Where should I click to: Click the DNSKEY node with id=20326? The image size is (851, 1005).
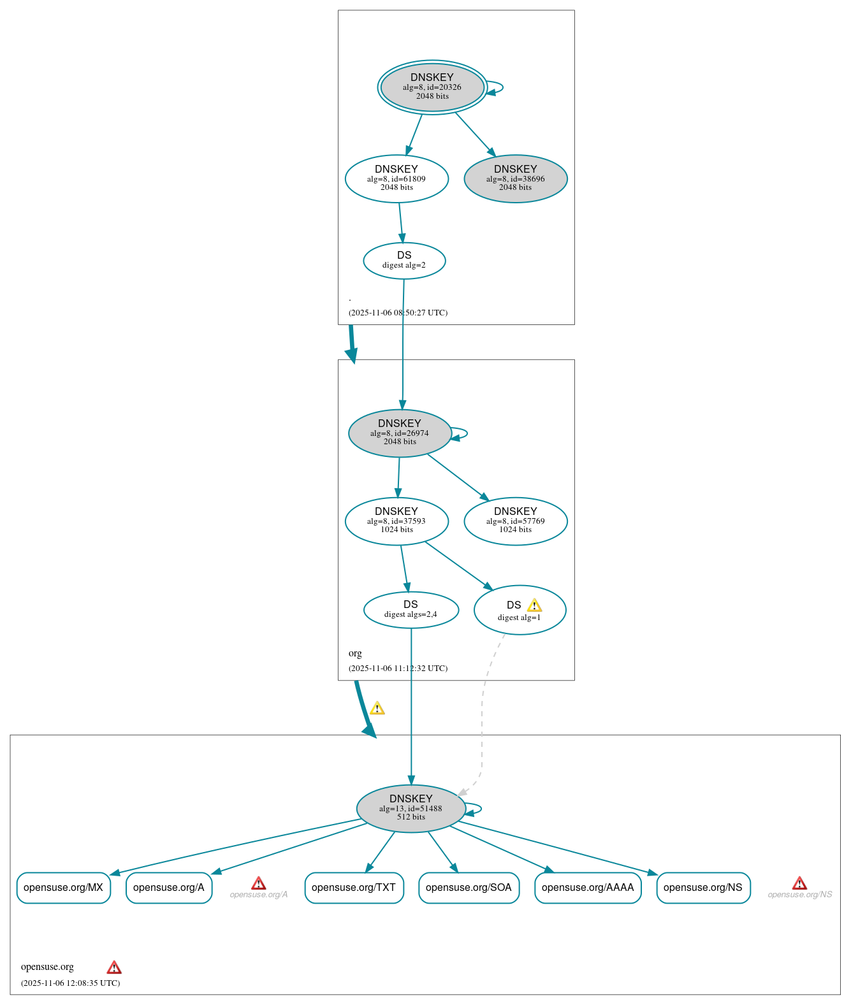pyautogui.click(x=432, y=87)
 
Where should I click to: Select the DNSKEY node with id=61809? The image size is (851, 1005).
pyautogui.click(x=396, y=178)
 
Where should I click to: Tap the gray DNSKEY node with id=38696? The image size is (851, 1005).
pyautogui.click(x=515, y=178)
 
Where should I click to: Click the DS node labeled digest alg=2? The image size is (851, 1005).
pyautogui.click(x=404, y=260)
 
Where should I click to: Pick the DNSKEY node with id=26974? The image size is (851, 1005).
pyautogui.click(x=400, y=433)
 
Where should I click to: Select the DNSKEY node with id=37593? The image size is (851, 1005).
pyautogui.click(x=396, y=521)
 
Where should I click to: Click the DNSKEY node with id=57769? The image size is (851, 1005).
pyautogui.click(x=515, y=521)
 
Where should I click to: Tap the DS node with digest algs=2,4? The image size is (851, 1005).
pyautogui.click(x=411, y=609)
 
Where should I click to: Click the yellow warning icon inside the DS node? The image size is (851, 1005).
pyautogui.click(x=534, y=605)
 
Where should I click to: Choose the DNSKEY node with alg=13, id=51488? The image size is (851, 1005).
pyautogui.click(x=411, y=808)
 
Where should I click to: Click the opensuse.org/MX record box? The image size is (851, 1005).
pyautogui.click(x=63, y=887)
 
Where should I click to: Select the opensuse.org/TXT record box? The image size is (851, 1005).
pyautogui.click(x=354, y=887)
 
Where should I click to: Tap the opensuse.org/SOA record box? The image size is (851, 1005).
pyautogui.click(x=469, y=887)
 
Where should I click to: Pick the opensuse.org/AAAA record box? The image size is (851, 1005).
pyautogui.click(x=587, y=887)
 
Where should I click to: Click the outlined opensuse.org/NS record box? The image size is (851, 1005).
pyautogui.click(x=702, y=887)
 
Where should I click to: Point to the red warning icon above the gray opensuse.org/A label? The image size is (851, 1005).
pyautogui.click(x=258, y=883)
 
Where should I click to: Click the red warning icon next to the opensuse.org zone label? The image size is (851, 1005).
pyautogui.click(x=114, y=967)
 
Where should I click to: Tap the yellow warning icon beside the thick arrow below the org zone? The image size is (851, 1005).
pyautogui.click(x=377, y=708)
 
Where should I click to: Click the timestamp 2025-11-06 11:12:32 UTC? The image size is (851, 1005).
pyautogui.click(x=398, y=668)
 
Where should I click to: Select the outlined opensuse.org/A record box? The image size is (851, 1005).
pyautogui.click(x=168, y=887)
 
